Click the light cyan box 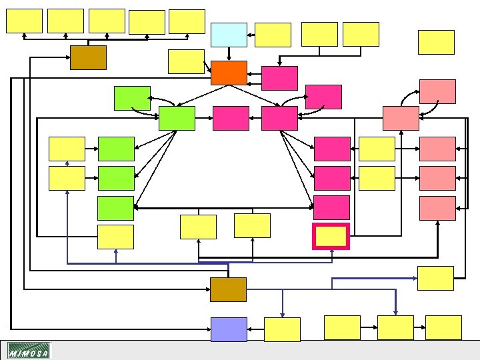click(x=229, y=35)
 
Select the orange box click(x=229, y=73)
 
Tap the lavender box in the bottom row click(x=229, y=329)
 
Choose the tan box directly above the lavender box click(x=229, y=289)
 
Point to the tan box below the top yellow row click(x=88, y=58)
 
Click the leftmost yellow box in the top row click(x=24, y=21)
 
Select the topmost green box click(x=132, y=98)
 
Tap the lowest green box click(x=116, y=208)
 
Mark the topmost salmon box click(x=437, y=91)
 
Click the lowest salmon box click(x=437, y=208)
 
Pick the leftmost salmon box click(x=401, y=118)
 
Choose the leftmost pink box click(x=231, y=118)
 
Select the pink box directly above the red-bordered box click(x=331, y=207)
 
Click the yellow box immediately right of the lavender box click(x=282, y=329)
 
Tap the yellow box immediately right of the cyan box click(x=273, y=35)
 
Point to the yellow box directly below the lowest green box click(x=116, y=237)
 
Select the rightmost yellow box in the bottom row click(x=443, y=327)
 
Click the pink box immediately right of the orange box click(x=279, y=78)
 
